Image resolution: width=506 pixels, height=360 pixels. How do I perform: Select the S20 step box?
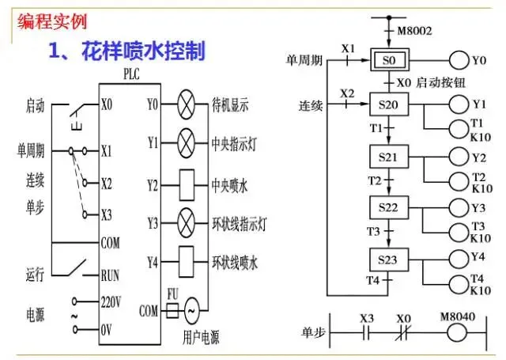click(x=387, y=104)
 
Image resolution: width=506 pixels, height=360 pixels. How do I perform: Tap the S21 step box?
click(x=387, y=157)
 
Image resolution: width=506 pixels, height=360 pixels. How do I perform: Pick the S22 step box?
click(x=387, y=208)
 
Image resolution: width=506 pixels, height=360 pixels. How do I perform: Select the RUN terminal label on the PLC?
click(x=111, y=275)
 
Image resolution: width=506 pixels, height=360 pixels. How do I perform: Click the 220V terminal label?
click(x=111, y=301)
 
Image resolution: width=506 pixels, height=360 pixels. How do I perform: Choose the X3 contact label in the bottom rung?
click(x=366, y=318)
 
